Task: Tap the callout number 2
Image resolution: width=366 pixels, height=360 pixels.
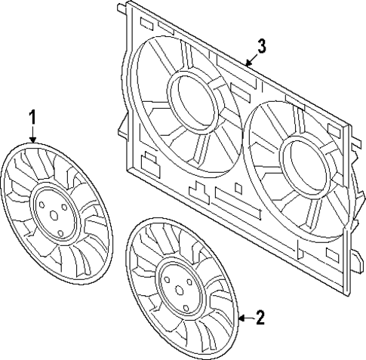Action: [260, 317]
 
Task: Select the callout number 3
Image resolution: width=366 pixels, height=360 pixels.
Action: [260, 47]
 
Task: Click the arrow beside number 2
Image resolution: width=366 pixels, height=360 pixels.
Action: [243, 318]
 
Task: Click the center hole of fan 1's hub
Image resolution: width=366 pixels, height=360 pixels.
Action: [54, 215]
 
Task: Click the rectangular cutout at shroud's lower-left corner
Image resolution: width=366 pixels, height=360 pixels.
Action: [148, 161]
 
